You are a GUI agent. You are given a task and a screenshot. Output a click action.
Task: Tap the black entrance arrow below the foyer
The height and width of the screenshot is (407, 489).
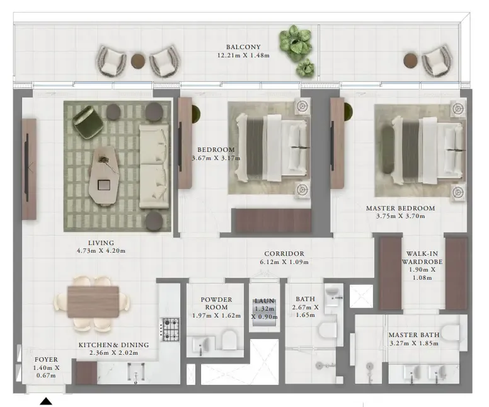46,401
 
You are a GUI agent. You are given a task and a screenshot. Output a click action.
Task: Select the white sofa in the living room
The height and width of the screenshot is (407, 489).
153,165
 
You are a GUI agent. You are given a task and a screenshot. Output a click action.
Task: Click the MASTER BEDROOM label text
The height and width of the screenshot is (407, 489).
400,208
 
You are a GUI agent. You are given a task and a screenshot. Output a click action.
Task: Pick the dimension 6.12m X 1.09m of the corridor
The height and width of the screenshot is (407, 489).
285,262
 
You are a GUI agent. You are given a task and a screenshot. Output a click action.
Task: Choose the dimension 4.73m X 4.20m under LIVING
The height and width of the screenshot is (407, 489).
101,251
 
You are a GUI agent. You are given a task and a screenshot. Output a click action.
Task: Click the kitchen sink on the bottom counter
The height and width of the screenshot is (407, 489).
135,374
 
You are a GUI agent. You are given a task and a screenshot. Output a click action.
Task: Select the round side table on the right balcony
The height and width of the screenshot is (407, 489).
410,60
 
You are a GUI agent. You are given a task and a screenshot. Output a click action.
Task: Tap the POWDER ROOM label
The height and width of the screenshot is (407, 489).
217,304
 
